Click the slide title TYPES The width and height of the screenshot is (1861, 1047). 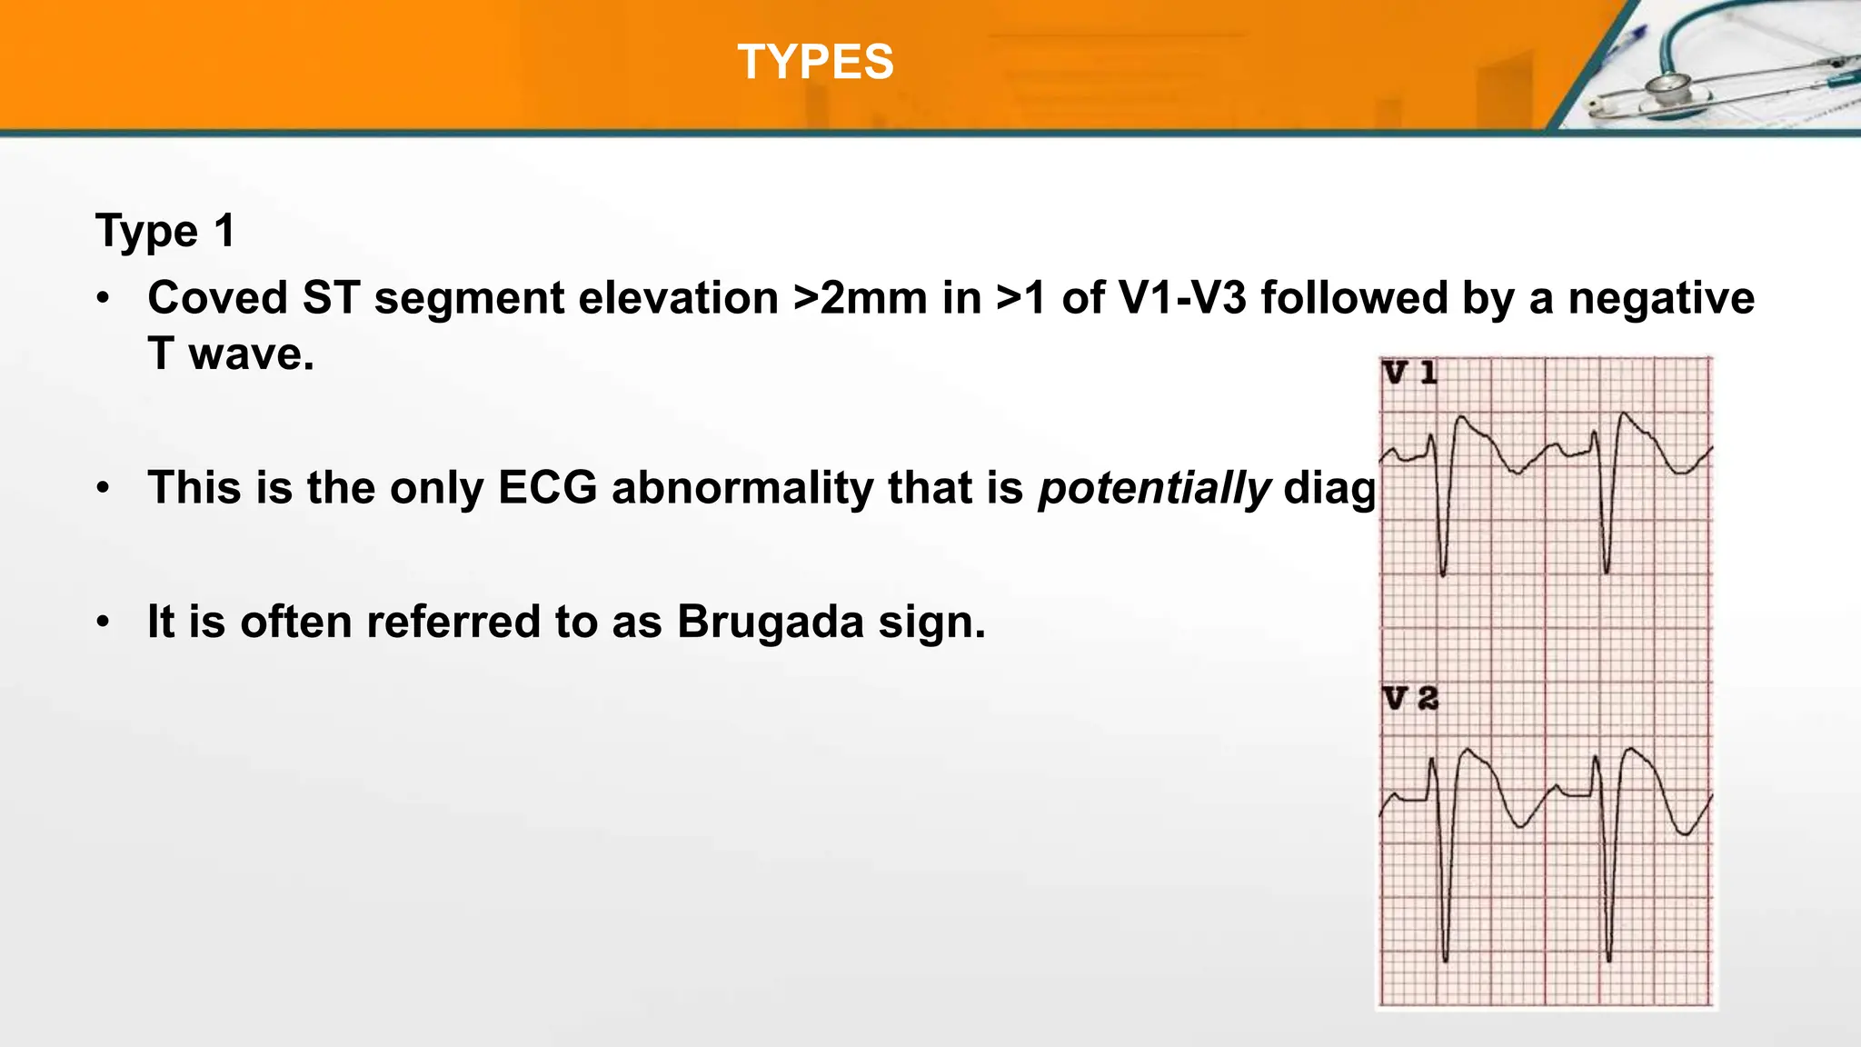(815, 63)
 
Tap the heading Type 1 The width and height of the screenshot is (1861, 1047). (165, 231)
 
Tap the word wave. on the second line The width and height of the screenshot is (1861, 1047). (251, 354)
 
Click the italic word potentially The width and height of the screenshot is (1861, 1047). (1154, 488)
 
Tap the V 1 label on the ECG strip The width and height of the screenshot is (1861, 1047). (1409, 373)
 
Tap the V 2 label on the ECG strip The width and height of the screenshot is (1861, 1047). (1410, 699)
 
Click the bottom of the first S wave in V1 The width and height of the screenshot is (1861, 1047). (1443, 573)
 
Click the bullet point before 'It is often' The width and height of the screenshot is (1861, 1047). (104, 623)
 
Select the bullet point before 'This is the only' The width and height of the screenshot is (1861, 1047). (104, 489)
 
